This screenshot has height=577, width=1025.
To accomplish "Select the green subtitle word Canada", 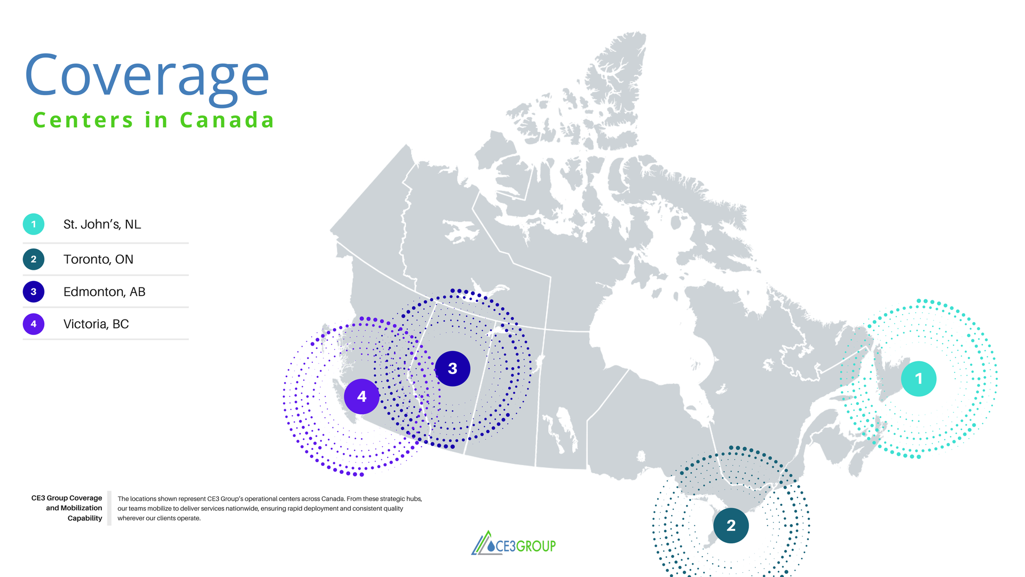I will coord(227,120).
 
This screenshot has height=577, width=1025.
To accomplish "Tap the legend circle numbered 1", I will coord(34,224).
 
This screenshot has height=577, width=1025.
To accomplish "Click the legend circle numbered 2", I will coord(34,259).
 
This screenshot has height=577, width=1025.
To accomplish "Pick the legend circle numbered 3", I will coord(34,292).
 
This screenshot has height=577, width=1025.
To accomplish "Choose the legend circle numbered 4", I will coord(34,324).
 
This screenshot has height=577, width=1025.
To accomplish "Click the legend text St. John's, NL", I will coord(102,224).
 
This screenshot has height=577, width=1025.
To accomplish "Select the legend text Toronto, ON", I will coord(98,259).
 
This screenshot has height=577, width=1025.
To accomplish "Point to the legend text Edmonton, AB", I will coord(104,292).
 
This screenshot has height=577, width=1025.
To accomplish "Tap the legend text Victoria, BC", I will coord(96,324).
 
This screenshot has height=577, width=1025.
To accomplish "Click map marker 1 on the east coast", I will coord(918,379).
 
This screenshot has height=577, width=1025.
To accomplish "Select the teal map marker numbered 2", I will coord(731,526).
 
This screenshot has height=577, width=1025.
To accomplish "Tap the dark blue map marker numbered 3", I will coord(453,369).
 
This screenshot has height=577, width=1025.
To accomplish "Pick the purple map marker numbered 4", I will coord(361,396).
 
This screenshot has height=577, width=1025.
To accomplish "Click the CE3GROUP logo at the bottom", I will coord(514,544).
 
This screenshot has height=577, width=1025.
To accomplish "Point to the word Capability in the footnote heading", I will coord(85,518).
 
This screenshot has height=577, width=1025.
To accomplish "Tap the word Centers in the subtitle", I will coord(83,120).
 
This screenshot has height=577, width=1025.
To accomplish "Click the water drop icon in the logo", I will coord(491,546).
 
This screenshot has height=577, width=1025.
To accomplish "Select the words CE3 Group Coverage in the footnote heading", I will coord(67,498).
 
